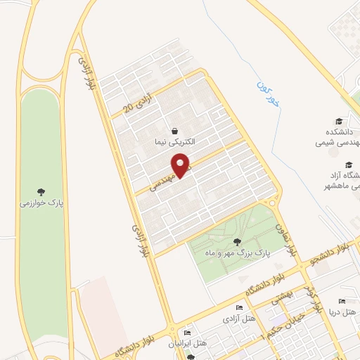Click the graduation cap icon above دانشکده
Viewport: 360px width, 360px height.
340,121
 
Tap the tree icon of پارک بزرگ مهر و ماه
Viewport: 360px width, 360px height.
246,242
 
